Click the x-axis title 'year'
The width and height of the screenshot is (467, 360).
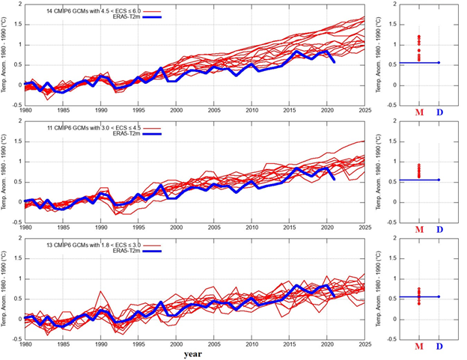click(193, 352)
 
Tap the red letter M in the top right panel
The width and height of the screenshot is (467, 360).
click(418, 113)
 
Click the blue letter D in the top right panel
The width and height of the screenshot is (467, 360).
click(439, 113)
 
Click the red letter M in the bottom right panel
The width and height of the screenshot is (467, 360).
click(418, 346)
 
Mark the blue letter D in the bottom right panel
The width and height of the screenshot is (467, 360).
click(439, 346)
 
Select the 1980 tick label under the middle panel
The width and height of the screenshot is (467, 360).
click(26, 226)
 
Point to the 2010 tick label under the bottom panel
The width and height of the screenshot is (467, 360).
click(251, 343)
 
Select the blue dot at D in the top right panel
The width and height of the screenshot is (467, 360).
click(439, 63)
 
